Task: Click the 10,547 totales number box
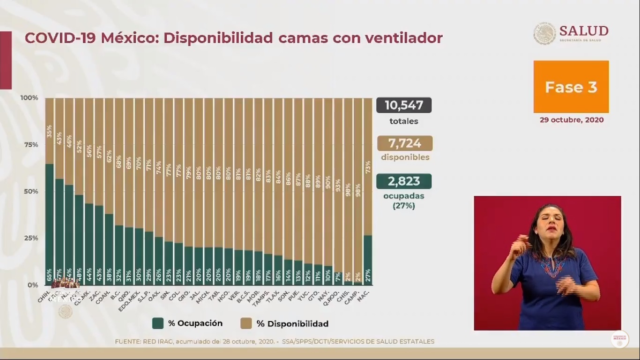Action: (403, 105)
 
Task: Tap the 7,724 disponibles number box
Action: (403, 143)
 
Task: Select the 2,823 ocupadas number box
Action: (403, 181)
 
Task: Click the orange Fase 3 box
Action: (571, 87)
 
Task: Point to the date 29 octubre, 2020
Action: (571, 120)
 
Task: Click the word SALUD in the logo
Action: (583, 31)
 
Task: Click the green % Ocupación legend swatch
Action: (158, 323)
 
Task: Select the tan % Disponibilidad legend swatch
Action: (246, 323)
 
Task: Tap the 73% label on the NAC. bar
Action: (368, 167)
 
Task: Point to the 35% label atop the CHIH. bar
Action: (49, 131)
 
